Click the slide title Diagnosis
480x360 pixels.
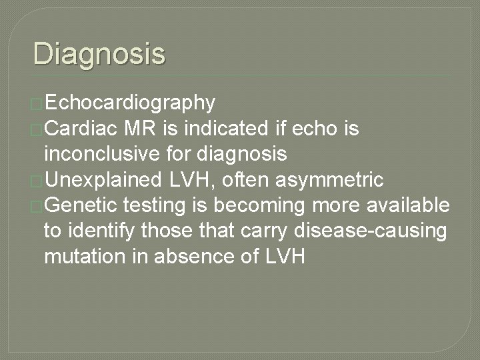[x=99, y=53]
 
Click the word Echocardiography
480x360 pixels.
[x=131, y=103]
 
